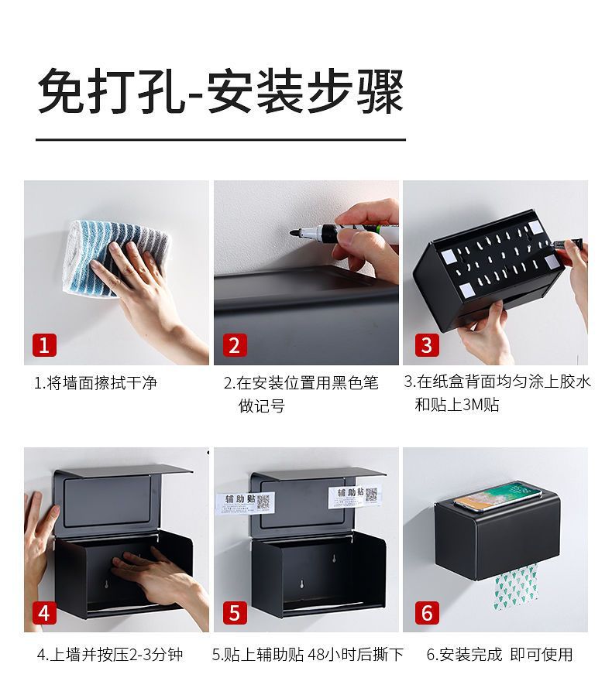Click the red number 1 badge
pos(44,344)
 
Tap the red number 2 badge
pos(234,344)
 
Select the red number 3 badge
pos(427,344)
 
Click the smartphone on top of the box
pos(497,496)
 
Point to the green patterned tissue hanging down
pos(515,587)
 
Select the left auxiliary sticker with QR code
pos(246,502)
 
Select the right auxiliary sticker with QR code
pos(355,496)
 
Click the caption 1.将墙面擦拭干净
pos(96,382)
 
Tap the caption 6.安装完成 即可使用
pos(500,655)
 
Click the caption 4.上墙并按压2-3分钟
pos(110,655)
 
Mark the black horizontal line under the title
pos(221,139)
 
